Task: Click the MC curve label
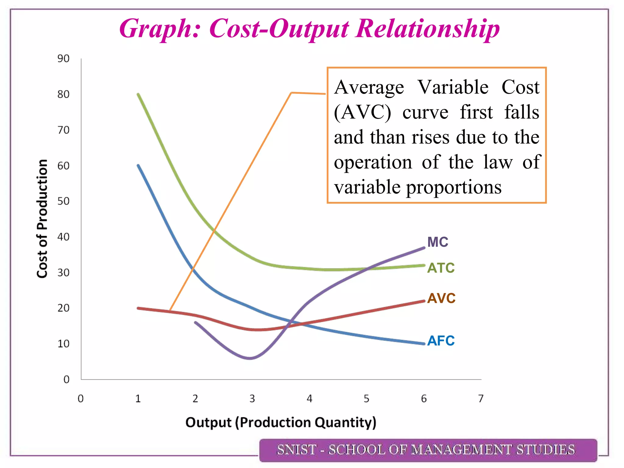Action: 438,242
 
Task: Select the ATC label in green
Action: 441,268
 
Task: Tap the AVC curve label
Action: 441,298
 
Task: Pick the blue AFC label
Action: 441,341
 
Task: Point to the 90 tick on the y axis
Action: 63,58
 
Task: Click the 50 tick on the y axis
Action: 63,201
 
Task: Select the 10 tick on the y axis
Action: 63,344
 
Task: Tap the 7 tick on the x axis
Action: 481,399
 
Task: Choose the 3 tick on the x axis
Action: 252,399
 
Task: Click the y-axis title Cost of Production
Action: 42,218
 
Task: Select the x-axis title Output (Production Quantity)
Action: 281,423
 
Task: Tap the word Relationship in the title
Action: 427,29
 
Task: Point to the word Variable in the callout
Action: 453,87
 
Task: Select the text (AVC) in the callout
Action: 362,112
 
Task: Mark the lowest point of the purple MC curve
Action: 250,358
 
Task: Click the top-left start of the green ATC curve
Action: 138,94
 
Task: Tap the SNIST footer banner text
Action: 426,450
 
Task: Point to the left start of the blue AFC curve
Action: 138,165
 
